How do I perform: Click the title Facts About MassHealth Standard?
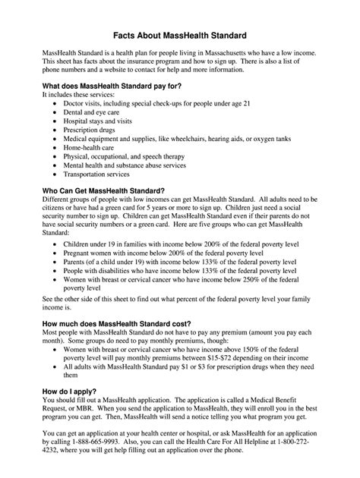[x=180, y=35]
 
